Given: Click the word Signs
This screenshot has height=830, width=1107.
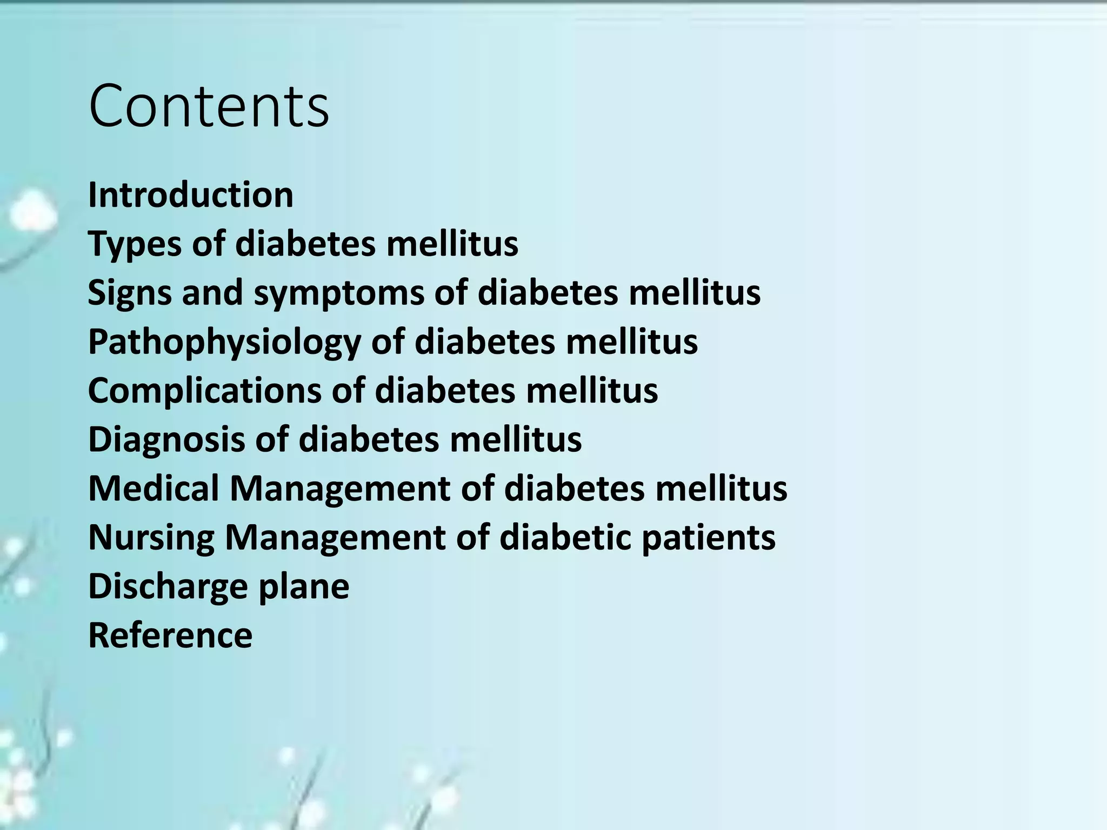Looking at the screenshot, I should pyautogui.click(x=130, y=293).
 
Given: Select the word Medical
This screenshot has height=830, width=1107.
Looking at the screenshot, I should pyautogui.click(x=154, y=488).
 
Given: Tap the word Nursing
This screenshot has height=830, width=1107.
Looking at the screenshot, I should pyautogui.click(x=151, y=538).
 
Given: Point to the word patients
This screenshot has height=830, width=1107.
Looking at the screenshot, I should pyautogui.click(x=709, y=538).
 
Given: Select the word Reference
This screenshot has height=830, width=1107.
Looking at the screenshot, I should pyautogui.click(x=170, y=635).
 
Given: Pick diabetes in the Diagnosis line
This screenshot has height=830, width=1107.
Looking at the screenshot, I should pyautogui.click(x=369, y=439).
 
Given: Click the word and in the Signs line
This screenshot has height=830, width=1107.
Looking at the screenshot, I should pyautogui.click(x=212, y=293).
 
